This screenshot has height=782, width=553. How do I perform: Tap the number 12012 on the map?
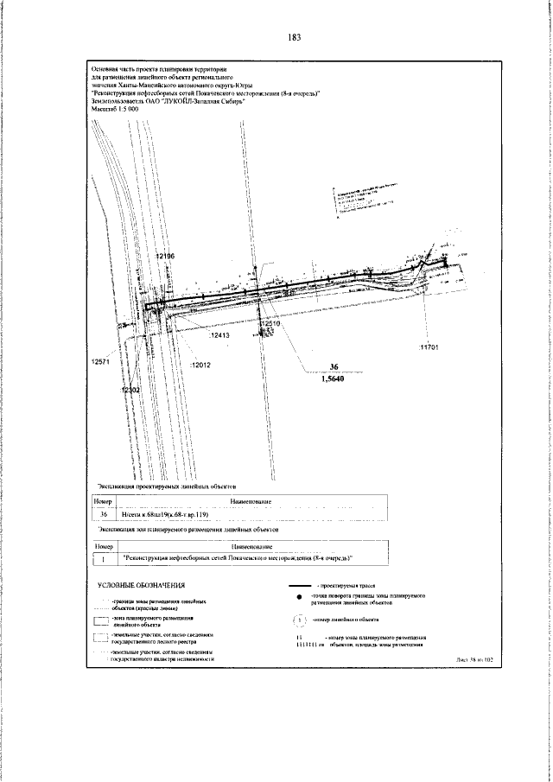(x=201, y=365)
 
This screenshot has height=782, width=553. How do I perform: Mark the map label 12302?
(x=130, y=391)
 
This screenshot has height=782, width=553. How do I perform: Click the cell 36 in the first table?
(x=104, y=513)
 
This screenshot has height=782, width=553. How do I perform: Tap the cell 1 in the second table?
(x=104, y=558)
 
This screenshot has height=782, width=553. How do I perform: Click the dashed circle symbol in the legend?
(x=299, y=644)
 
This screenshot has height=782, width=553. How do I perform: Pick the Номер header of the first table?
(x=104, y=501)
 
